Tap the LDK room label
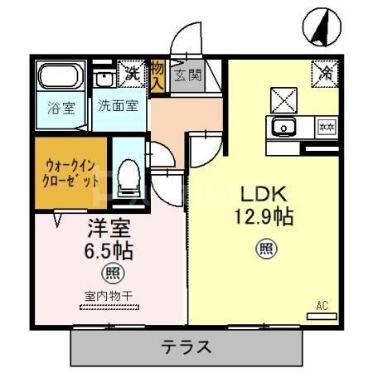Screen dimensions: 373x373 pyautogui.click(x=264, y=195)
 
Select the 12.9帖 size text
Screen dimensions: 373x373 pyautogui.click(x=264, y=219)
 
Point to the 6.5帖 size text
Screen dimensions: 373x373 pyautogui.click(x=109, y=249)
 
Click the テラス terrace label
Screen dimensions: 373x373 pyautogui.click(x=186, y=346)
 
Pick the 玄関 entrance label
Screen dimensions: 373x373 pyautogui.click(x=187, y=76)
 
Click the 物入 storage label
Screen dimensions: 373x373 pyautogui.click(x=158, y=75)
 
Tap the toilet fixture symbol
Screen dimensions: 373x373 pyautogui.click(x=128, y=177)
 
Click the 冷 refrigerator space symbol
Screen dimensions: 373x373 pyautogui.click(x=325, y=73)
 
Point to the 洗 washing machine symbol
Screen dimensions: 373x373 pyautogui.click(x=131, y=73)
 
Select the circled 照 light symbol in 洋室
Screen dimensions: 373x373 pyautogui.click(x=109, y=273)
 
